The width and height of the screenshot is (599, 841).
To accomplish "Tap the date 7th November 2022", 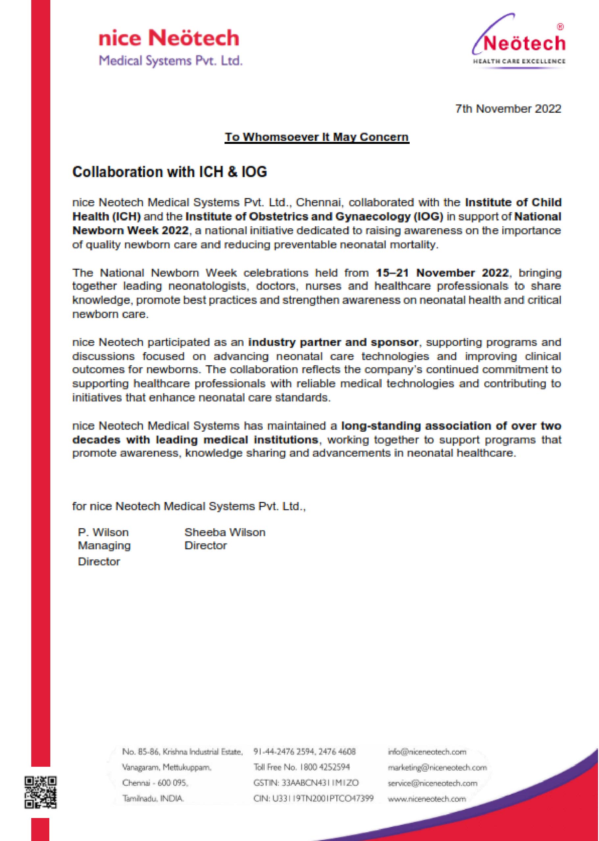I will pos(508,109).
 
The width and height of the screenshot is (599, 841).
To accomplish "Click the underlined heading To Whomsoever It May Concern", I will pos(317,137).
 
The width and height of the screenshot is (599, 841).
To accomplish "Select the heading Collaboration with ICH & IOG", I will pos(169,172).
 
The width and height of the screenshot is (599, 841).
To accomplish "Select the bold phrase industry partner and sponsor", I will pos(333,342).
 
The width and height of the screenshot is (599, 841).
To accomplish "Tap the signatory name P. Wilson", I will pos(103,532).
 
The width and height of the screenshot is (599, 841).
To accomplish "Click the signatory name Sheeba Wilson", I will pos(225,532).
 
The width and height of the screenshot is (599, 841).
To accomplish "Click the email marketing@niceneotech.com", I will pos(437,767).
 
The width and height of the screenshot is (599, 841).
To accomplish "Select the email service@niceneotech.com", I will pos(432,783).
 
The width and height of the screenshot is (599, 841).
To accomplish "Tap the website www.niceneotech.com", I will pos(427,799).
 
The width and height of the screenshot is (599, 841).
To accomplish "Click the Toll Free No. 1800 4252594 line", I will pos(301,767).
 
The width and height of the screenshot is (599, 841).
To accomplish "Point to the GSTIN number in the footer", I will pos(306,783).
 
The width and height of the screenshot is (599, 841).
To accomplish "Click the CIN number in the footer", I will pos(313,799).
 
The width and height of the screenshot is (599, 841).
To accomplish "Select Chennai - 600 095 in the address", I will pos(155,783).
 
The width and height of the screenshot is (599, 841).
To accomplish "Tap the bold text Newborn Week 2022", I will pos(131,231).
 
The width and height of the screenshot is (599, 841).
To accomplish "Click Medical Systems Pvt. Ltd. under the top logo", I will pos(171,61).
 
